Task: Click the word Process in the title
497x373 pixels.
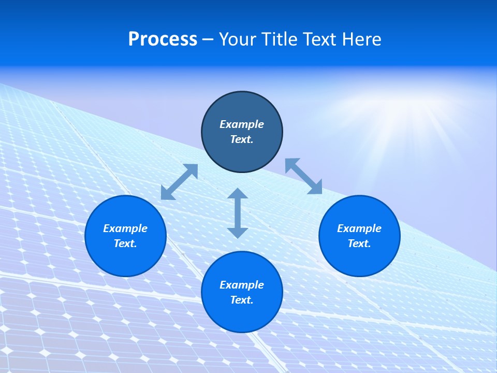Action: click(163, 39)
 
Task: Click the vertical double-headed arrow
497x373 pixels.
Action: click(238, 213)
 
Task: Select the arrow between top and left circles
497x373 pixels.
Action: click(179, 182)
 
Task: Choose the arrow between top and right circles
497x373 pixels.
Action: click(304, 176)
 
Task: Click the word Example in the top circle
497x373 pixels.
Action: click(242, 124)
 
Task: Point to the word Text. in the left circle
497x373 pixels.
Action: click(125, 243)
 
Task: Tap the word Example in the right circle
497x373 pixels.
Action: click(359, 228)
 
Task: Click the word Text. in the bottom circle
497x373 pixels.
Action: click(242, 300)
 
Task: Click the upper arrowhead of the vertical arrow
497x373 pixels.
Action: click(238, 194)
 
